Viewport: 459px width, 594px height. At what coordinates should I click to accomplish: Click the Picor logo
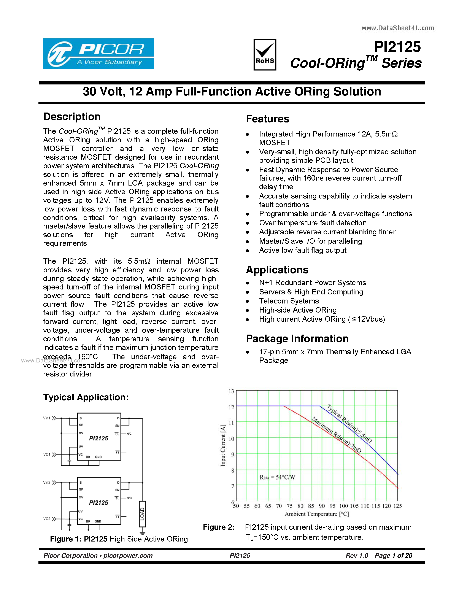[98, 54]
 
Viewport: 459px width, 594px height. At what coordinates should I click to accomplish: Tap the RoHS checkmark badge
[265, 54]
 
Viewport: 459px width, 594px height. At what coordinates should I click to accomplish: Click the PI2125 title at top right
[397, 47]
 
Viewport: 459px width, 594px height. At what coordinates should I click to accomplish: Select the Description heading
[72, 117]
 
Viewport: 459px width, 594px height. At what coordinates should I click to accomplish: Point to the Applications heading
[277, 270]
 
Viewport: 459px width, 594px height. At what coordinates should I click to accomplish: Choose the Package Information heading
[297, 339]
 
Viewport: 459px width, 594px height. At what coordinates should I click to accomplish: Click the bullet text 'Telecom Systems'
[289, 301]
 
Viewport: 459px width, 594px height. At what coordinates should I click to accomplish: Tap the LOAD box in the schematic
[142, 514]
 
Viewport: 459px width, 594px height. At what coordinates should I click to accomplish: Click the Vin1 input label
[47, 418]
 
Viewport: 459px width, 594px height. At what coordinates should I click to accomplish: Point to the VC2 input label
[47, 519]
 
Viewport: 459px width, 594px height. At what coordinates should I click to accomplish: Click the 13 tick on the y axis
[231, 391]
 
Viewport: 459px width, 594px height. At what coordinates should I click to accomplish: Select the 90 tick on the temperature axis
[322, 506]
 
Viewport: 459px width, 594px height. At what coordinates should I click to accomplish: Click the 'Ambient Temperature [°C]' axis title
[317, 514]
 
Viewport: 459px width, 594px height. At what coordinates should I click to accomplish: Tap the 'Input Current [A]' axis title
[223, 445]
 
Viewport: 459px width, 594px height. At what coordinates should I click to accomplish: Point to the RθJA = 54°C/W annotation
[277, 477]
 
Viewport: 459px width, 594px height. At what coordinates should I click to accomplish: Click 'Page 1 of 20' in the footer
[394, 555]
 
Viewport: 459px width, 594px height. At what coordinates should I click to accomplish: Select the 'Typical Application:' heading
[86, 397]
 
